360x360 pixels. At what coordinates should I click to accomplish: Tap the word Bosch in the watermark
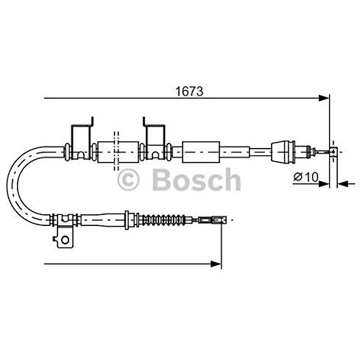coord(194,179)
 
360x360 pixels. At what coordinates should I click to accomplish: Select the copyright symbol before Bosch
coord(128,179)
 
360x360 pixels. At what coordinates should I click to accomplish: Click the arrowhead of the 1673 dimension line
coord(323,97)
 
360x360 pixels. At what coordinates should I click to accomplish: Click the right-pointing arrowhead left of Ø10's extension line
coord(325,183)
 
